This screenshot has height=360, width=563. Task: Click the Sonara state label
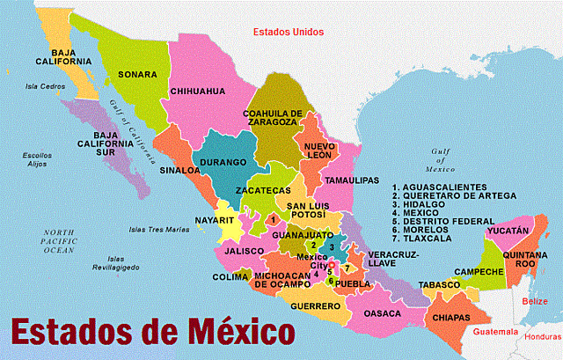(x=137, y=75)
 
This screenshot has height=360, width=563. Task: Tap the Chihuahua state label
(x=198, y=91)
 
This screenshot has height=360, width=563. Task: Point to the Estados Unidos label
(x=288, y=32)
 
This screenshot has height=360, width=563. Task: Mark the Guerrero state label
(x=315, y=305)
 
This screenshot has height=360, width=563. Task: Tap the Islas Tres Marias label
(x=159, y=230)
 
